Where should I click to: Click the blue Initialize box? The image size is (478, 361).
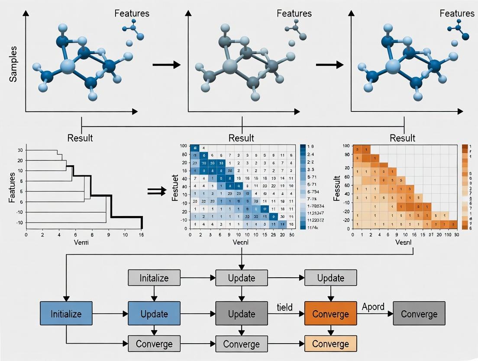tap(66, 313)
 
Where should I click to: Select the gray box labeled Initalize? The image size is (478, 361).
tap(154, 278)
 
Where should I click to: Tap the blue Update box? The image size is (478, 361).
tap(154, 313)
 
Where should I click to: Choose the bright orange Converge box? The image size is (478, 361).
tap(331, 313)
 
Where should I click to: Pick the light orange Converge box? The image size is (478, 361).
tap(331, 344)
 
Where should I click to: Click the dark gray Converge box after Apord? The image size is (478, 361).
tap(419, 313)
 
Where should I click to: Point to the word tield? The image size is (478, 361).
tap(284, 307)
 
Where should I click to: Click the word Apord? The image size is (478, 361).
tap(373, 307)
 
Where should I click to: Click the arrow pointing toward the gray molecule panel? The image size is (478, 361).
tap(166, 65)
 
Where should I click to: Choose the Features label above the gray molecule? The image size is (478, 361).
tap(294, 13)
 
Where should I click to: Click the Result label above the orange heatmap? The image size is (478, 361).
tap(402, 138)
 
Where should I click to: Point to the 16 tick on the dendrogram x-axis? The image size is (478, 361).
tap(141, 235)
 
